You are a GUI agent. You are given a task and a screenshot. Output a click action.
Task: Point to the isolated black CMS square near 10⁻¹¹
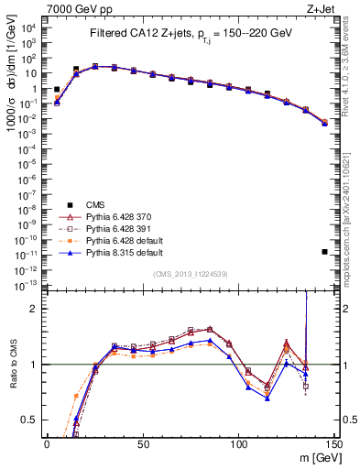pos(325,252)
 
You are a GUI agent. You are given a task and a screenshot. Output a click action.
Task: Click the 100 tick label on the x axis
pos(239,443)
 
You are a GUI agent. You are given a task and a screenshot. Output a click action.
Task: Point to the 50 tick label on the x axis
pos(143,443)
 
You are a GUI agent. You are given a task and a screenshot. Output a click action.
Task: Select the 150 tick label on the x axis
pos(334,443)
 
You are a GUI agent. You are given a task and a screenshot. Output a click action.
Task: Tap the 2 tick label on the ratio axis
pos(34,309)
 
